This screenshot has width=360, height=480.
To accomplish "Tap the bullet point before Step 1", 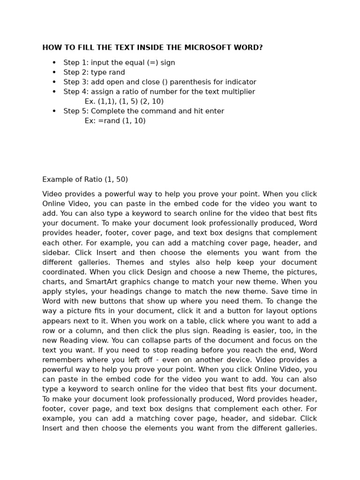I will pos(54,63).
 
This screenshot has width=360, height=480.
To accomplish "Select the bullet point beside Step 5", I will pos(54,112).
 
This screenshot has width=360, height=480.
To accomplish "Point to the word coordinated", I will pos(64,272).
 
